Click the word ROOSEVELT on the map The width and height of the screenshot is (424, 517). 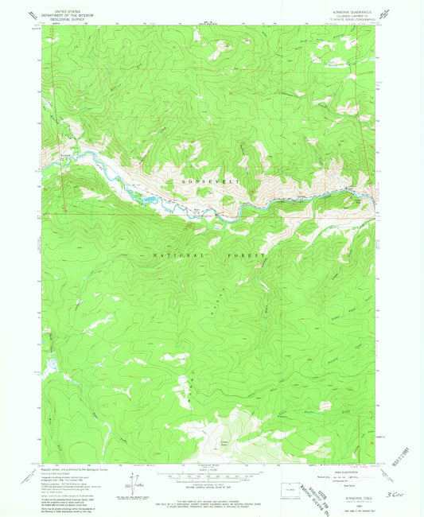click(x=207, y=181)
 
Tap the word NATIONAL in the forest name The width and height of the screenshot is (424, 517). click(x=170, y=255)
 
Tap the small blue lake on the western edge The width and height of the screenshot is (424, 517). click(x=48, y=364)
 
